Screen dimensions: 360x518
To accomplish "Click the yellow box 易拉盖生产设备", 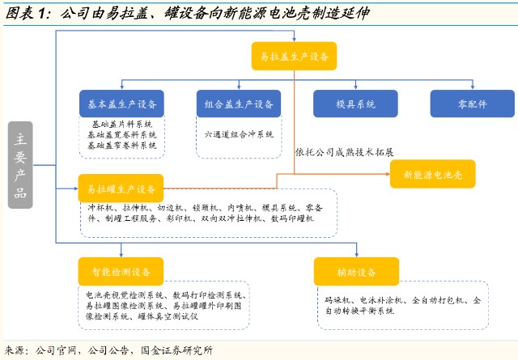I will pyautogui.click(x=293, y=56).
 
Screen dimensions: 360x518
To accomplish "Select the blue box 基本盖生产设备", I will pyautogui.click(x=121, y=104).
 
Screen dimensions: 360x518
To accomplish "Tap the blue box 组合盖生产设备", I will pyautogui.click(x=238, y=104).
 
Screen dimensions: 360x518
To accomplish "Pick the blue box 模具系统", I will pyautogui.click(x=355, y=104).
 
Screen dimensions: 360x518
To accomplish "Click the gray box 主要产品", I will pyautogui.click(x=22, y=166).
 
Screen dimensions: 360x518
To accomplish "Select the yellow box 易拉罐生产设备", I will pyautogui.click(x=121, y=188).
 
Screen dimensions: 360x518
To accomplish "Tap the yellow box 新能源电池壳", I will pyautogui.click(x=432, y=174).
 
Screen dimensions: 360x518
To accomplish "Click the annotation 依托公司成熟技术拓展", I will pyautogui.click(x=346, y=152).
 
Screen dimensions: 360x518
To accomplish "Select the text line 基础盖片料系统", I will pyautogui.click(x=122, y=125).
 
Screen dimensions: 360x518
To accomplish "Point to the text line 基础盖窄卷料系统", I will pyautogui.click(x=122, y=145).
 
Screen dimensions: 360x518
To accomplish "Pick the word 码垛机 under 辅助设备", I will pyautogui.click(x=333, y=300).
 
